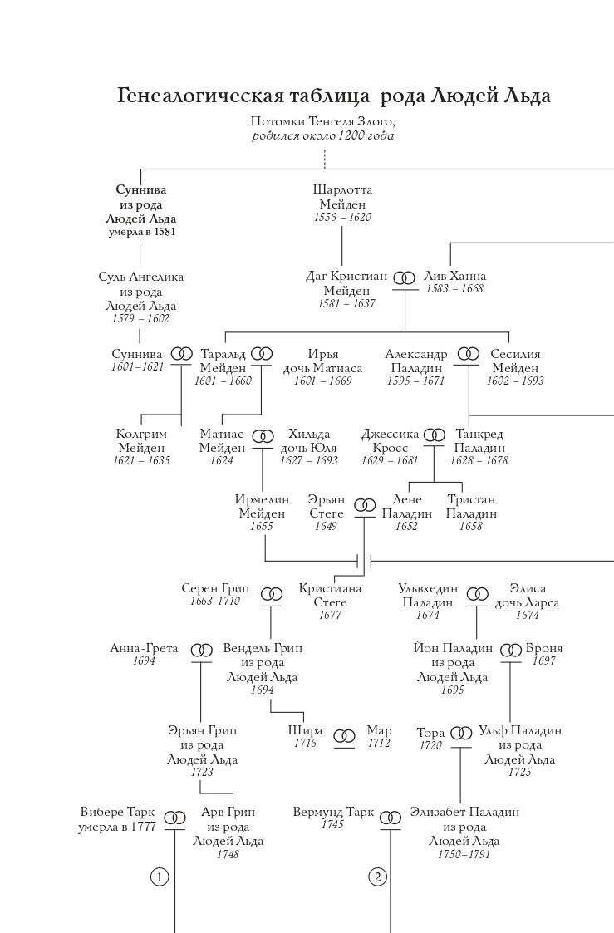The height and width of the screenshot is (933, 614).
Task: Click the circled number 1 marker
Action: click(x=160, y=877)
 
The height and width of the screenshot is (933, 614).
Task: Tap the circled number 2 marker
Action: click(x=378, y=877)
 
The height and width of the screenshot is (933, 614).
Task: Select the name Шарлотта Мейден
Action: click(x=342, y=197)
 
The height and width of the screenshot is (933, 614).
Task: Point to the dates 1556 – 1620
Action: click(x=342, y=217)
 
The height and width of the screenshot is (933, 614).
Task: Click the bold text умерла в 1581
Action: click(x=141, y=232)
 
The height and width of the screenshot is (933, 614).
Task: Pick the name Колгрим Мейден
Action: click(x=142, y=441)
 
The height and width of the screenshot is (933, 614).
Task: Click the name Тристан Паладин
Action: click(x=470, y=506)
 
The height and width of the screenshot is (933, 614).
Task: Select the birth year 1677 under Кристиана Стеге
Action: click(x=330, y=616)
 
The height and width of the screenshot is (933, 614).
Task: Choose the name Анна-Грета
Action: click(x=144, y=648)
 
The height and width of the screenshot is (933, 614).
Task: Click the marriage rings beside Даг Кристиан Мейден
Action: click(x=405, y=277)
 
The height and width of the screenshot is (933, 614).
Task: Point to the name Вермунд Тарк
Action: click(x=333, y=812)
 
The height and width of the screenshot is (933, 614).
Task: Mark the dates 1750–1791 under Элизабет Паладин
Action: click(x=464, y=854)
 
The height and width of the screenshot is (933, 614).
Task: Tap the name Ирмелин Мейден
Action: click(x=262, y=506)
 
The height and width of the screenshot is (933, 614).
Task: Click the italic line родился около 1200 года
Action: click(x=323, y=135)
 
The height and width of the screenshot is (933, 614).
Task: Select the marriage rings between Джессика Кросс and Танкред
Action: click(x=435, y=435)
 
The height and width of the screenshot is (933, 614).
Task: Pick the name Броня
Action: click(x=544, y=648)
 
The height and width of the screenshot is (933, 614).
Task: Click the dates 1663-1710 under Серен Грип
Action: click(x=215, y=601)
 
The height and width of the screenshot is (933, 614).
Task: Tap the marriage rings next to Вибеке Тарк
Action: click(x=175, y=818)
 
